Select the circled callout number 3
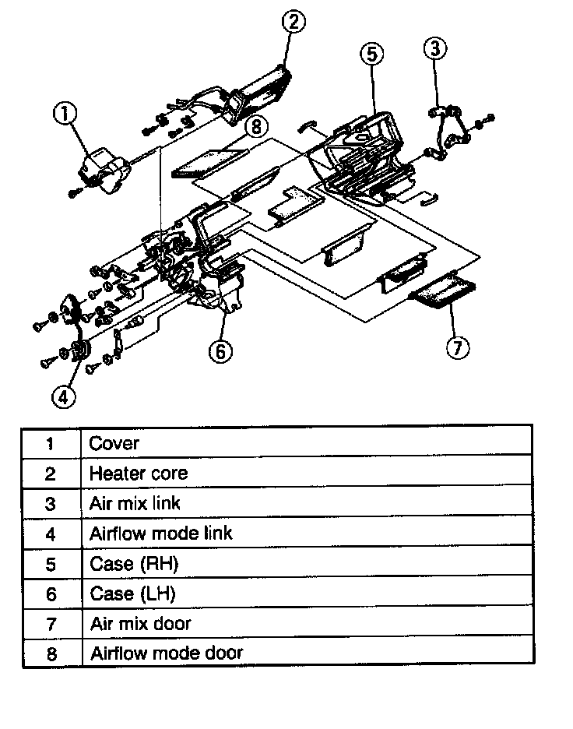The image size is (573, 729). [x=435, y=48]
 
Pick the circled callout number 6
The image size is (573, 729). [x=220, y=352]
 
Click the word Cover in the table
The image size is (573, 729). [x=114, y=444]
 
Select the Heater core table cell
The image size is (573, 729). [x=138, y=474]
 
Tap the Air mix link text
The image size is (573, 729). [x=135, y=503]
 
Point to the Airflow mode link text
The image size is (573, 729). [x=160, y=534]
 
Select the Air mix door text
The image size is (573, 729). [x=140, y=623]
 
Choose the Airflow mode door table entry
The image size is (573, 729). [x=167, y=653]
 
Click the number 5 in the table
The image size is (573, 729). [x=51, y=563]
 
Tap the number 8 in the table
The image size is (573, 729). [x=51, y=653]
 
